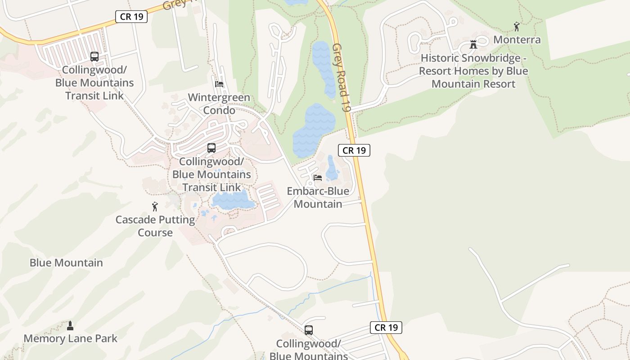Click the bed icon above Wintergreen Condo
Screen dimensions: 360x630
[x=219, y=84]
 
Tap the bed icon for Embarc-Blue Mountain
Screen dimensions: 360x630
[x=318, y=178]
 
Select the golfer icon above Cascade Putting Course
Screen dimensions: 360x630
[x=155, y=207]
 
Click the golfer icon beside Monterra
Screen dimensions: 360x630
[x=517, y=27]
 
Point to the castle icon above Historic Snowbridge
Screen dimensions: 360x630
[x=473, y=45]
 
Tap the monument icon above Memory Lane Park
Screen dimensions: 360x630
[x=70, y=325]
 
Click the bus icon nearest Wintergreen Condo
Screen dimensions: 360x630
[x=211, y=148]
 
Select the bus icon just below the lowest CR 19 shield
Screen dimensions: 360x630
[x=309, y=330]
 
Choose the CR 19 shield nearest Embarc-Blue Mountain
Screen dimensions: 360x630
[x=354, y=150]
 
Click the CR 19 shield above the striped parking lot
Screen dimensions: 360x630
[x=131, y=17]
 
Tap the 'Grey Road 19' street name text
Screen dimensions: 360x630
[x=342, y=77]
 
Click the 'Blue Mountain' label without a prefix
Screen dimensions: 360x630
[x=66, y=263]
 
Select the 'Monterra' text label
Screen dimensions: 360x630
[x=517, y=40]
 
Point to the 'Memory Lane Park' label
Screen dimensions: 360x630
[x=70, y=338]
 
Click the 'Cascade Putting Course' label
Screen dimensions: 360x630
[x=155, y=226]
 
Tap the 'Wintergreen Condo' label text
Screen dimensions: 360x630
[x=219, y=104]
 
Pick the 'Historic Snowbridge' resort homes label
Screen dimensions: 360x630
[x=473, y=71]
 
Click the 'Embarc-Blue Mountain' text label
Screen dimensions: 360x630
[x=318, y=198]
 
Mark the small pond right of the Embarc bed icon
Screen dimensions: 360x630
[x=332, y=168]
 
